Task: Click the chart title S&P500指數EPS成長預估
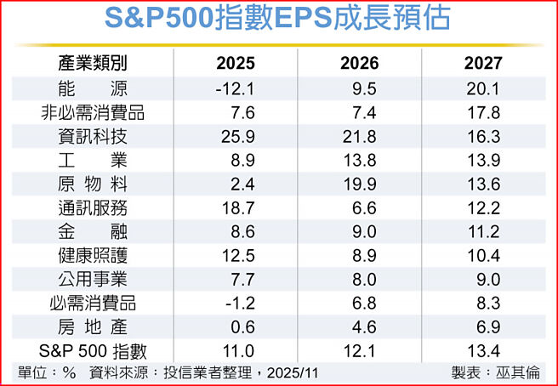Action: click(278, 20)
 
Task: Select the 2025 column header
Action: click(236, 64)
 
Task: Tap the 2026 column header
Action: click(360, 64)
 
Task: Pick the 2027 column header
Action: click(483, 64)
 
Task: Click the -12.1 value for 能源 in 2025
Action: click(236, 88)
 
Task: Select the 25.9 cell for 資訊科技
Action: click(237, 136)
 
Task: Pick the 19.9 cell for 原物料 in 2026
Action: click(362, 184)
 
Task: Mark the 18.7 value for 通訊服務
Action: click(237, 207)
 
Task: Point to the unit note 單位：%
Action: click(47, 372)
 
